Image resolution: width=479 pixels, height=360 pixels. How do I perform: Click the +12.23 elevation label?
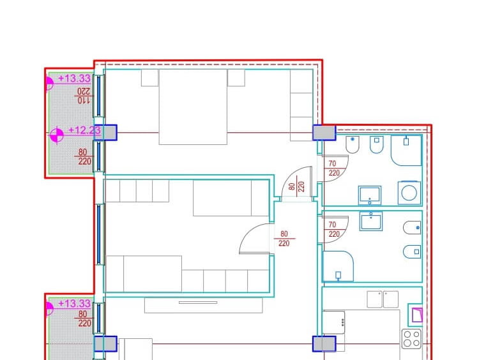(x=84, y=130)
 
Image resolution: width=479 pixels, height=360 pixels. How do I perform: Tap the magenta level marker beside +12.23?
(x=56, y=135)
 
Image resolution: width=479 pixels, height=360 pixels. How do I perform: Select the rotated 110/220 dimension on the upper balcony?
(x=84, y=96)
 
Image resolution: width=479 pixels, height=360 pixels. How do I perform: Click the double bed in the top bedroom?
(x=193, y=107)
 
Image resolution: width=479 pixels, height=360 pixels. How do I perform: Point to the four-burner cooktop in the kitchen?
(x=412, y=339)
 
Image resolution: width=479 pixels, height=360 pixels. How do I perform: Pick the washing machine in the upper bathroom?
(x=409, y=193)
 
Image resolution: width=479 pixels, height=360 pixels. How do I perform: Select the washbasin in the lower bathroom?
(x=371, y=221)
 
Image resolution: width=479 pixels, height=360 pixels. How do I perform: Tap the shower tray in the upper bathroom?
(x=406, y=151)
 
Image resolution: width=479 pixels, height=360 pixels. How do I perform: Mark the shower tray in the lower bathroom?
(x=338, y=266)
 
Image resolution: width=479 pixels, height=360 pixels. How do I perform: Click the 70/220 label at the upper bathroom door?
(x=334, y=169)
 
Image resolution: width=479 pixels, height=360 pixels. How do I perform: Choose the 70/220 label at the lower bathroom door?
(x=334, y=229)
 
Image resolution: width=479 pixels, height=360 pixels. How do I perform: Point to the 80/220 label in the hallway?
(x=284, y=239)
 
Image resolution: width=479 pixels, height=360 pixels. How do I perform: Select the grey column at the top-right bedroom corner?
(x=324, y=133)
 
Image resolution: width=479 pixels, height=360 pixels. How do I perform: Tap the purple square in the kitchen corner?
(x=417, y=315)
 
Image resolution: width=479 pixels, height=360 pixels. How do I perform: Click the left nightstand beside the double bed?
(x=149, y=78)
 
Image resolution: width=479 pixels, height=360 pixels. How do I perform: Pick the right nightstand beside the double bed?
(x=236, y=78)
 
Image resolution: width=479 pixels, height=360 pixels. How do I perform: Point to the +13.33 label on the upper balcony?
(x=74, y=79)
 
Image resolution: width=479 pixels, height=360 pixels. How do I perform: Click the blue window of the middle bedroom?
(x=98, y=234)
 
